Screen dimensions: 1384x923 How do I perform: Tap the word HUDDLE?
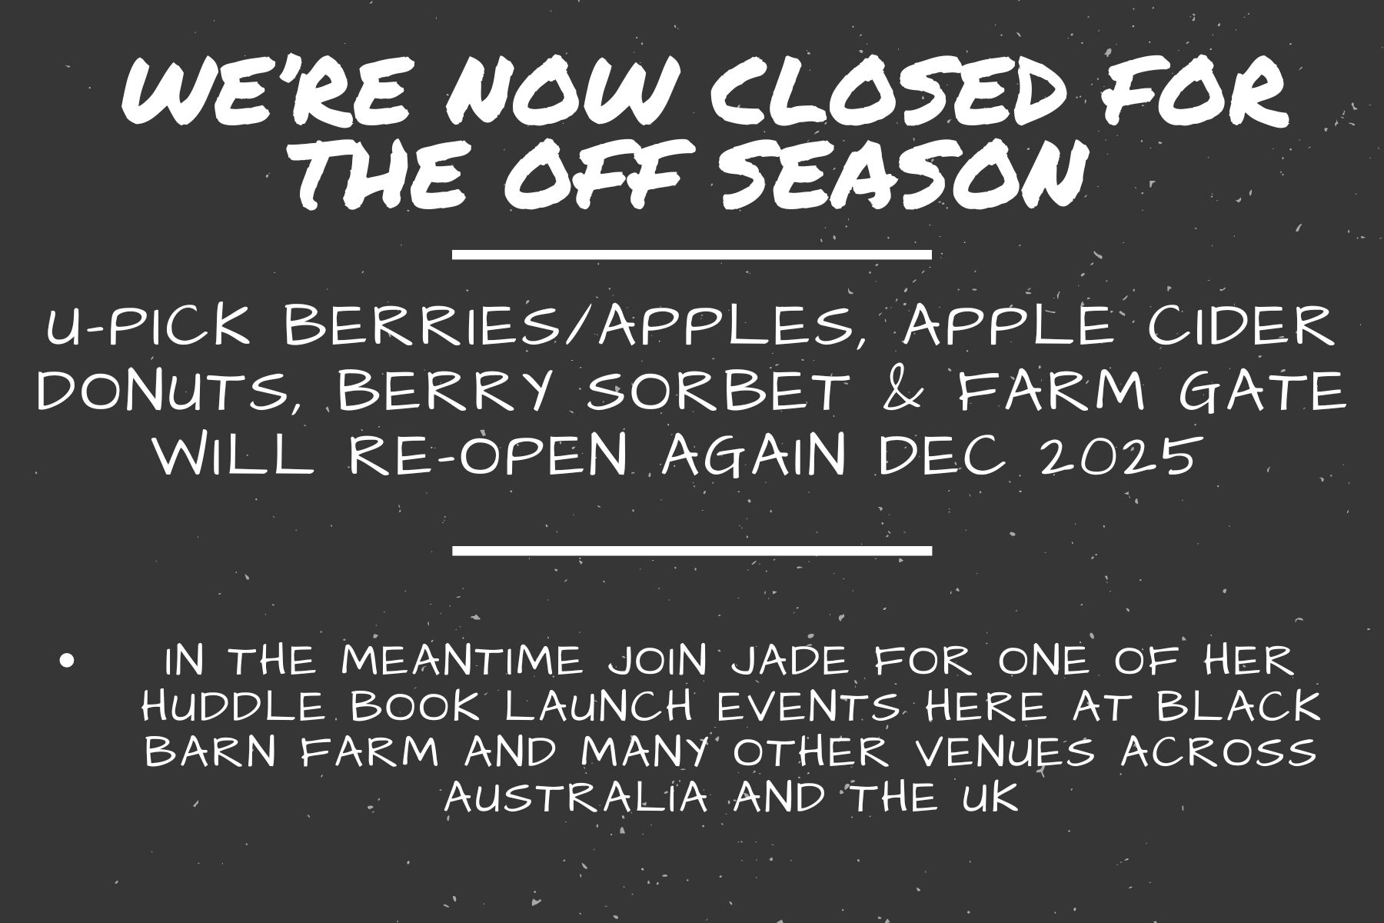[x=234, y=706]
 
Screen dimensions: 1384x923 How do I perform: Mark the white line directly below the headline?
[x=692, y=254]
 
